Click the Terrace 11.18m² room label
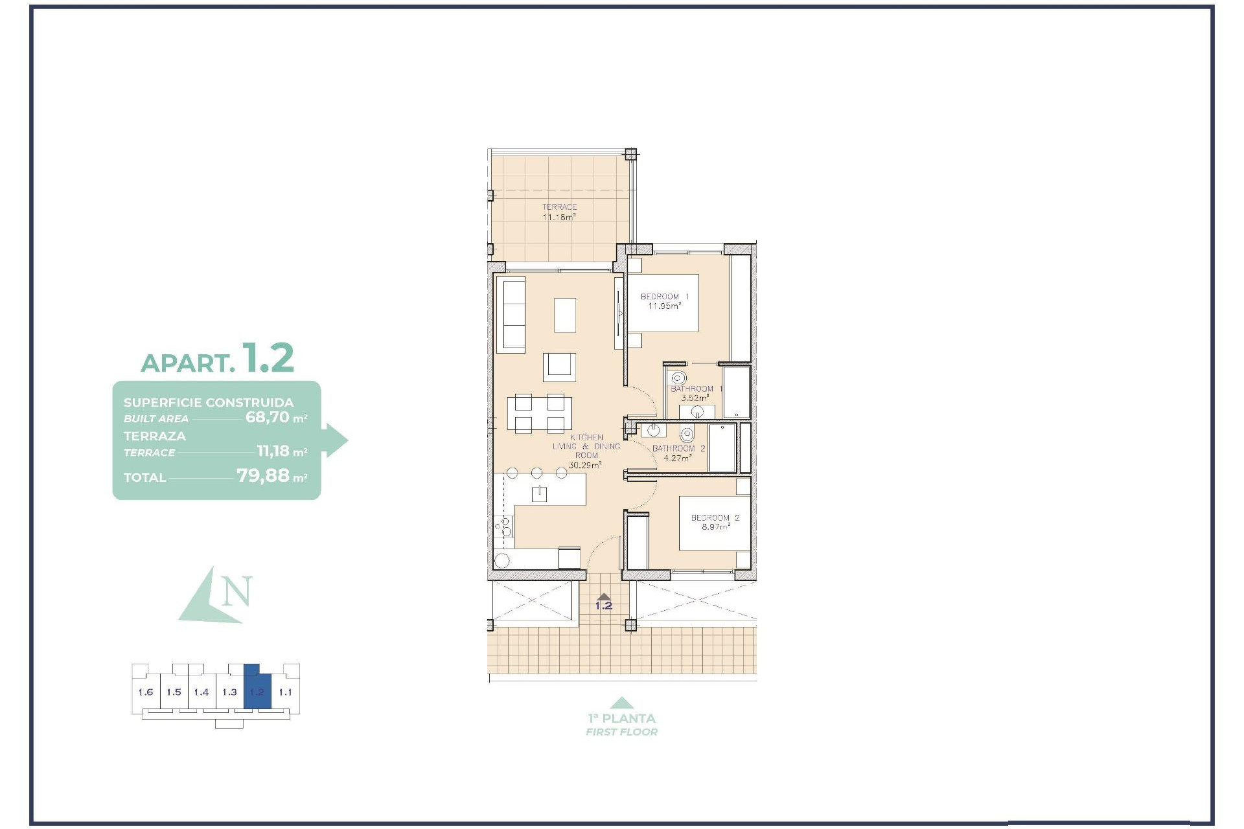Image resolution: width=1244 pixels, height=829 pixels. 559,212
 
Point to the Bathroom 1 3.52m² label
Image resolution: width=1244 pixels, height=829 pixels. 693,393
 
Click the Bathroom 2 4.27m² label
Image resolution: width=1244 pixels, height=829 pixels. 678,453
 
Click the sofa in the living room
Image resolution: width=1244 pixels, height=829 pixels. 510,314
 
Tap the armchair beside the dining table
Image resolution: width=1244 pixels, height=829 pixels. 559,367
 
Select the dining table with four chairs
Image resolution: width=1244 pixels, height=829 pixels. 539,413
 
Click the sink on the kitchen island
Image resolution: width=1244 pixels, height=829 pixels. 539,494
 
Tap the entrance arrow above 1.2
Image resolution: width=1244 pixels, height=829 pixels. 603,597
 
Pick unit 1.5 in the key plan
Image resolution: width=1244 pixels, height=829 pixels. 174,692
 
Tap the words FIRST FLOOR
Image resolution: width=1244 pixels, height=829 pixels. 621,732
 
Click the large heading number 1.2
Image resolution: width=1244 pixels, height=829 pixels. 268,358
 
